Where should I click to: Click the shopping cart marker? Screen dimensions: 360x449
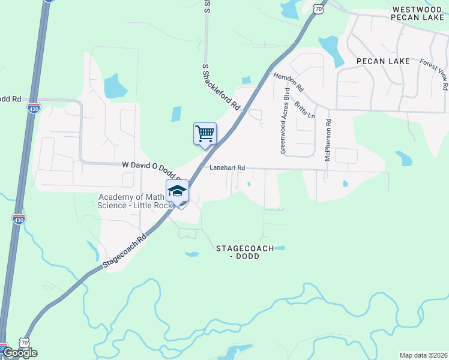point(205,133)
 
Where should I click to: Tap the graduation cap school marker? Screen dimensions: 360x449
point(177,191)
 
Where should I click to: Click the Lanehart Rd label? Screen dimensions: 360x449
point(228,168)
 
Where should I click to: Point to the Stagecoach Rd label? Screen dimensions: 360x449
point(124,251)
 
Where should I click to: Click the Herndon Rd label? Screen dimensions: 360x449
point(289,82)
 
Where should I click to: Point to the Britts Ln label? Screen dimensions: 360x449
point(305,109)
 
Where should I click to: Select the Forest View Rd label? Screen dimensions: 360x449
point(434,74)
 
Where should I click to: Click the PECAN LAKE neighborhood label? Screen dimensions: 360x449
point(382,61)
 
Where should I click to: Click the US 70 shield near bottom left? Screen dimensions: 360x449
point(24,341)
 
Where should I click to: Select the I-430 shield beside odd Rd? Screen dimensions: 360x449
point(34,109)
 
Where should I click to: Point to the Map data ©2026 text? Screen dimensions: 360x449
point(424,355)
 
